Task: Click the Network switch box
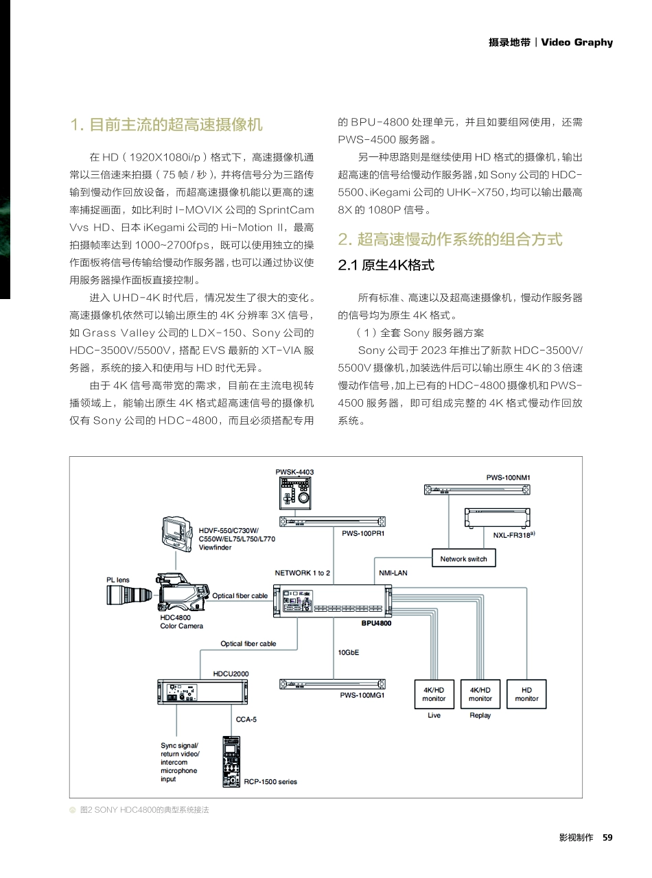(x=463, y=559)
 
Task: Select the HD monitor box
(x=526, y=694)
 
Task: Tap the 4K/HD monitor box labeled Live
(x=434, y=694)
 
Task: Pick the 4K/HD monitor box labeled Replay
(x=480, y=694)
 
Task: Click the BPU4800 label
(x=376, y=624)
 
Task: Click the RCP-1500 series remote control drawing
(x=232, y=761)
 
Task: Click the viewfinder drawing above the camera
(x=178, y=535)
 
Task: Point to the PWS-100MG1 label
(x=362, y=695)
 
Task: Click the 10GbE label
(x=349, y=652)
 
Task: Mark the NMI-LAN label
(x=393, y=573)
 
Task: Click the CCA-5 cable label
(x=246, y=720)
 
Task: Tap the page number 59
(x=607, y=838)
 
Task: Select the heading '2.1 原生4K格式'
(x=386, y=265)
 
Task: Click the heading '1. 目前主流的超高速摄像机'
(x=166, y=125)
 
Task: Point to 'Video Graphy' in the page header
(x=577, y=43)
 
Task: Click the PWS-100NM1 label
(x=509, y=477)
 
